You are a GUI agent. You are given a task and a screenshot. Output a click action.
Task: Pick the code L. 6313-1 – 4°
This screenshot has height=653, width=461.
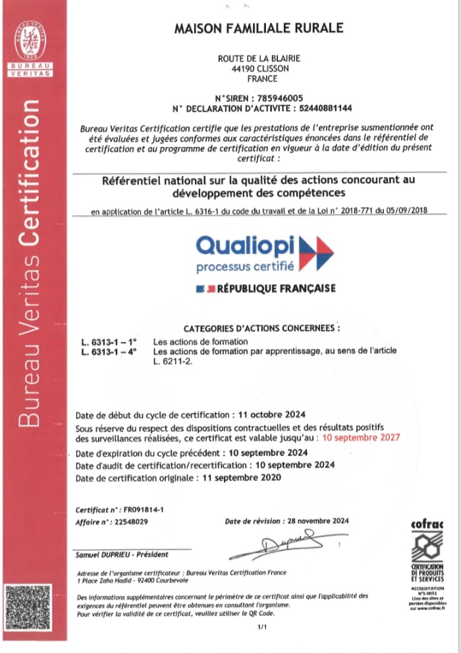click(x=109, y=352)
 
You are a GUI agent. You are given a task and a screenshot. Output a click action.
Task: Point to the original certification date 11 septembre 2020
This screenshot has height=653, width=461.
click(x=240, y=478)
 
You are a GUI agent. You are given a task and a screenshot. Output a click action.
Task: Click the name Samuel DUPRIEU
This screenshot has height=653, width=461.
click(x=108, y=555)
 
